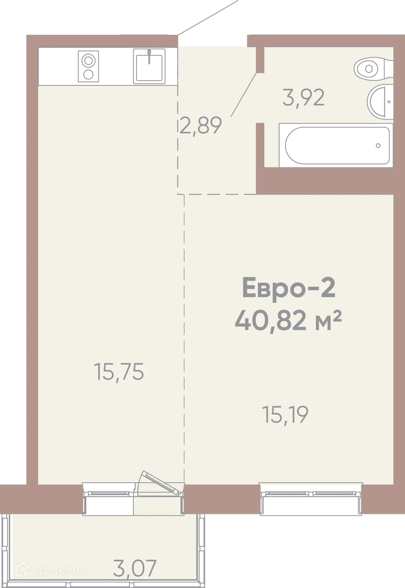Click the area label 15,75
coord(119,372)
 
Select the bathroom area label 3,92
coord(303,98)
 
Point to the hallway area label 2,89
coord(201,126)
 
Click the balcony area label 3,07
coord(135,568)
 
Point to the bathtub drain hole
coord(378,145)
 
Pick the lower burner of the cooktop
coord(88,74)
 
